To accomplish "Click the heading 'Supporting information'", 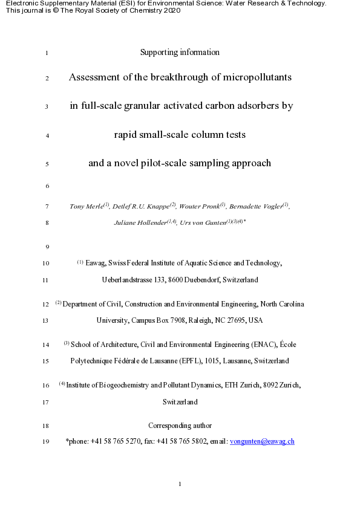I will coord(180,52).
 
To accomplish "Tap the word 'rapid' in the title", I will coord(126,135).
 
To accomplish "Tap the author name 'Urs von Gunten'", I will coord(206,222).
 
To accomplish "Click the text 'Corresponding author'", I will coord(180,426).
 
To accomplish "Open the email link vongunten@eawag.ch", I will coord(262,441).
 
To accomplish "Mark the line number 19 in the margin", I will coord(47,441).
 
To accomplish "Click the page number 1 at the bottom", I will coord(180,484).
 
